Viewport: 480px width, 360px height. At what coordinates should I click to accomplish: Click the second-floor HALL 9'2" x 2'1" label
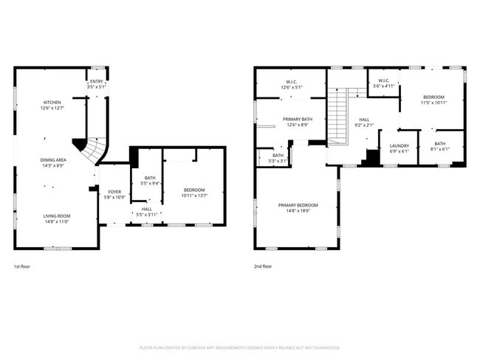(364, 122)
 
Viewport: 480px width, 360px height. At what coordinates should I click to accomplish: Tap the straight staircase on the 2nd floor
(337, 114)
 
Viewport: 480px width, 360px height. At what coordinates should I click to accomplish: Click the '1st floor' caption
(23, 266)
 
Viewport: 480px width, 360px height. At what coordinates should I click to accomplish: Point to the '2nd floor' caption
(263, 266)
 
